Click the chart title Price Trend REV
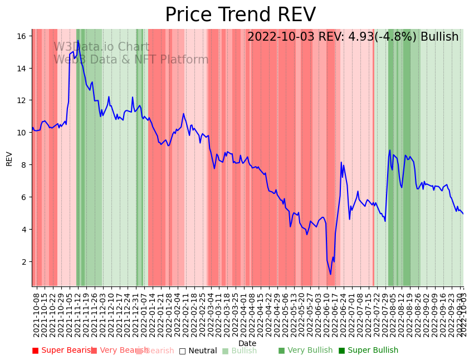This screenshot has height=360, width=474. point(240,15)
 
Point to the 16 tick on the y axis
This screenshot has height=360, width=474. point(22,36)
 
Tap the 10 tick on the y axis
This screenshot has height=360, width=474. point(22,133)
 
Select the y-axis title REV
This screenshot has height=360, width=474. point(9,158)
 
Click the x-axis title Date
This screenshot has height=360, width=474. point(247,343)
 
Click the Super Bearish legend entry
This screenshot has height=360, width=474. point(62,351)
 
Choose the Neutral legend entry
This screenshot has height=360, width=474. point(198,351)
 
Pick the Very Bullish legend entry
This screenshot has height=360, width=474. point(305,351)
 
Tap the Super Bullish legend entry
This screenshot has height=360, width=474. point(368,351)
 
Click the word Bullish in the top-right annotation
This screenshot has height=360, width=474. point(440,37)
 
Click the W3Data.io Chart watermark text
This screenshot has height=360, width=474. point(101,47)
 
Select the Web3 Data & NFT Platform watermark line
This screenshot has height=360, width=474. point(131,60)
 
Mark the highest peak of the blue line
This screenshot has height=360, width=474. point(77,41)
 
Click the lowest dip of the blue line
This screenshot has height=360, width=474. point(330,274)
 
